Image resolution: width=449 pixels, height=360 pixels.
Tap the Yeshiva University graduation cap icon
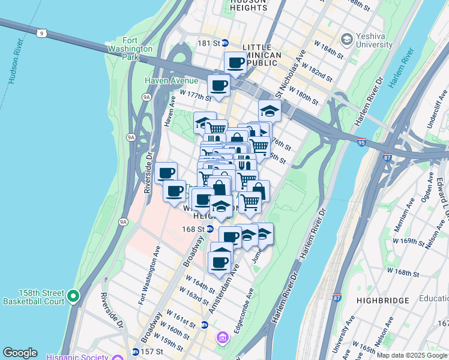346,40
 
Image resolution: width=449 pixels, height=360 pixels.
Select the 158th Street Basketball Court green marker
73,296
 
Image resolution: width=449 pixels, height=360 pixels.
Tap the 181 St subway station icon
225,43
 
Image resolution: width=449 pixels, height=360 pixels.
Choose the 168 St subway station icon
209,229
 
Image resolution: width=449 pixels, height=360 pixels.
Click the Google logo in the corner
20,353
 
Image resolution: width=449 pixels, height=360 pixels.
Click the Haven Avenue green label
171,80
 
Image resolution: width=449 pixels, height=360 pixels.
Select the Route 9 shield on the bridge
41,33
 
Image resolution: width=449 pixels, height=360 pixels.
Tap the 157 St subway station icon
135,352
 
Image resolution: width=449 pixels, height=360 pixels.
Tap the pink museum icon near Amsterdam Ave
223,339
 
